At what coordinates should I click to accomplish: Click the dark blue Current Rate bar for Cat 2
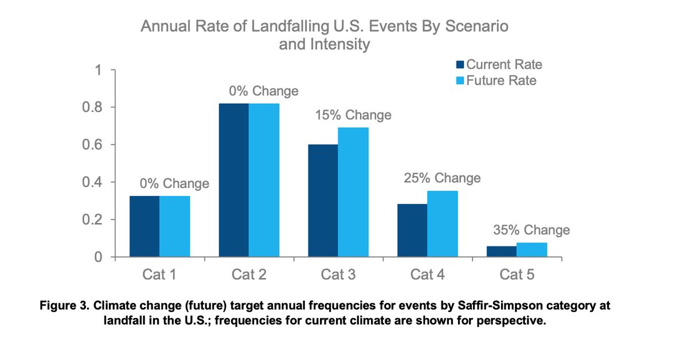click(x=234, y=181)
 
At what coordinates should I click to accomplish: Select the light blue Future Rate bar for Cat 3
click(x=353, y=193)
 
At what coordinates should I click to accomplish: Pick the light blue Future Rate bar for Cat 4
click(x=443, y=224)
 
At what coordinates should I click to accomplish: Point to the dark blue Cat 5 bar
click(x=502, y=252)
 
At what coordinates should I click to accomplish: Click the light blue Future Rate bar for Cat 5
click(x=532, y=250)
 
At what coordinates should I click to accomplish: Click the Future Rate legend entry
click(x=497, y=80)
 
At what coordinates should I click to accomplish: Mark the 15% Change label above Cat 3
click(x=353, y=115)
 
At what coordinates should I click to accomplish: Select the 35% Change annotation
click(x=531, y=230)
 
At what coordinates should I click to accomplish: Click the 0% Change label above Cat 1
click(x=174, y=184)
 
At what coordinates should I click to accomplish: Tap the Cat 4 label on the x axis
click(x=427, y=275)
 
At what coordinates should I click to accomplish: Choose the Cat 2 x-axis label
click(x=248, y=275)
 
